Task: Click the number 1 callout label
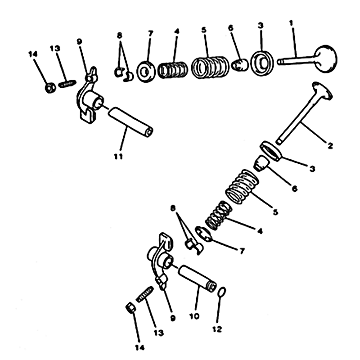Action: point(291,23)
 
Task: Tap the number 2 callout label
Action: point(330,145)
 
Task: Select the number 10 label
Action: point(194,316)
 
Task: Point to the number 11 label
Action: point(118,157)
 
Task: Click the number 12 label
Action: point(217,329)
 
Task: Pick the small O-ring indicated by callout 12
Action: point(221,292)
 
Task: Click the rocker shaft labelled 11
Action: point(130,122)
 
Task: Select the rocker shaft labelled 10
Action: point(197,278)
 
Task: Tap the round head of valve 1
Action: point(325,59)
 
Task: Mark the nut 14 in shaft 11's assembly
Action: point(50,88)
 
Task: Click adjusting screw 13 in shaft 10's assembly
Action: point(144,294)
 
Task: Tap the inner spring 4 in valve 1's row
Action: point(173,70)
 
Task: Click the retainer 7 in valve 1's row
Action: point(146,72)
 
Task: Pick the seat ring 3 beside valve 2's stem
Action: point(271,151)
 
